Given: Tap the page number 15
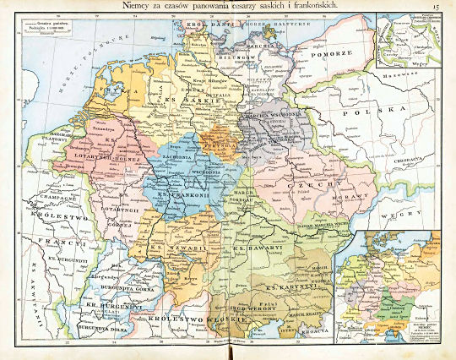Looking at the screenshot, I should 437,8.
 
